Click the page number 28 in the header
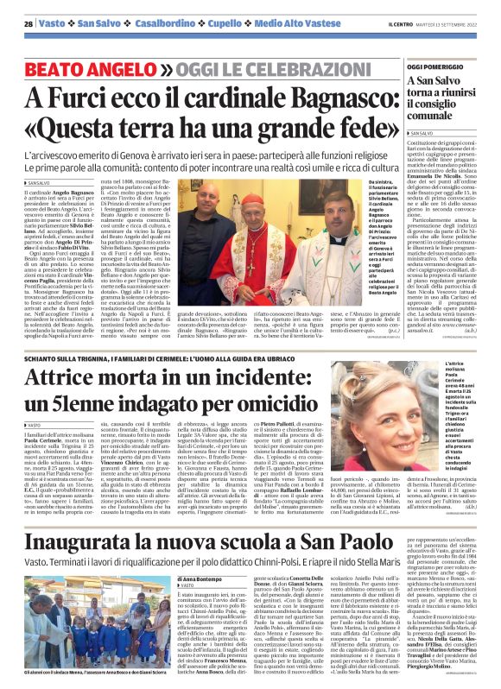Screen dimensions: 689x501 [29, 23]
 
